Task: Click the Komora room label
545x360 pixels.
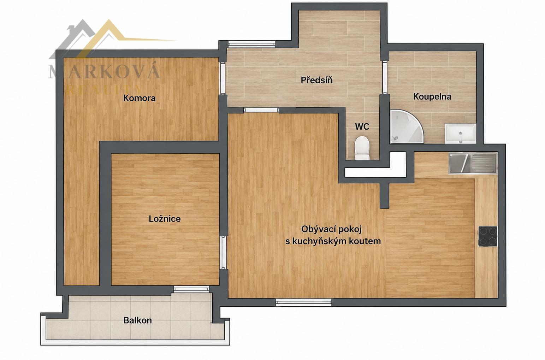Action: [140, 98]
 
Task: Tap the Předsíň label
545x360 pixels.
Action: [316, 80]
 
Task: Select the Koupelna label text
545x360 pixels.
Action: [432, 97]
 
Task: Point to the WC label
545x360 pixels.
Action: [362, 126]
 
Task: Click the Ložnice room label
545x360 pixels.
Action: [165, 219]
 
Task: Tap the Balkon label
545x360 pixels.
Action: [137, 320]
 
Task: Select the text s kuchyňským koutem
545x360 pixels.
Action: [333, 241]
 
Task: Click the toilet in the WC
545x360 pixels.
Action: [362, 148]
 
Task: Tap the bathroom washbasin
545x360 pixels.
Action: [460, 134]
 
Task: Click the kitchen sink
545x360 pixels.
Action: [473, 163]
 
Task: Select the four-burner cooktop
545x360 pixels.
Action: [488, 236]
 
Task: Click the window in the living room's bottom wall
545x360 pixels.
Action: [303, 302]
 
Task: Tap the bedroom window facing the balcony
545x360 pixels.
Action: [191, 289]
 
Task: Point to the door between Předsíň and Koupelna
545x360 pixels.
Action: [385, 77]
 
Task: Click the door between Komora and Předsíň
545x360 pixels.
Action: [223, 78]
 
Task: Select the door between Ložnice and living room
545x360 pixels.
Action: [223, 252]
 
